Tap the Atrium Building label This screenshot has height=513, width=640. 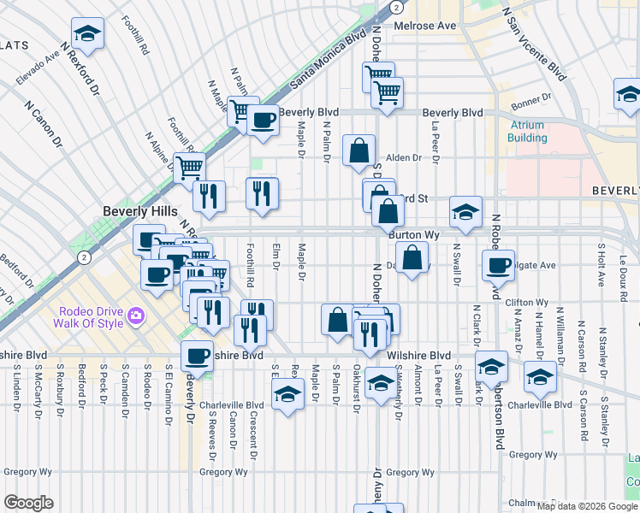pos(526,132)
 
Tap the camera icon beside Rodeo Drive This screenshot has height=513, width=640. pos(135,317)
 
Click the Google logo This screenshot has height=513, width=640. pos(28,503)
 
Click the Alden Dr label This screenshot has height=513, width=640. pos(404,157)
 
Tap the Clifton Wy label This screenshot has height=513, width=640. pos(526,303)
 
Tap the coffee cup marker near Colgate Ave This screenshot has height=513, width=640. pos(498,265)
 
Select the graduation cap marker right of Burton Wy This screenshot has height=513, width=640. pos(465,212)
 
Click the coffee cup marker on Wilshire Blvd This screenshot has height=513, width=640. pos(198,355)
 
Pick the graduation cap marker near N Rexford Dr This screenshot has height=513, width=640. pos(87,33)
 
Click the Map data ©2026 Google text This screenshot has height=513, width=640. pos(587,506)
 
